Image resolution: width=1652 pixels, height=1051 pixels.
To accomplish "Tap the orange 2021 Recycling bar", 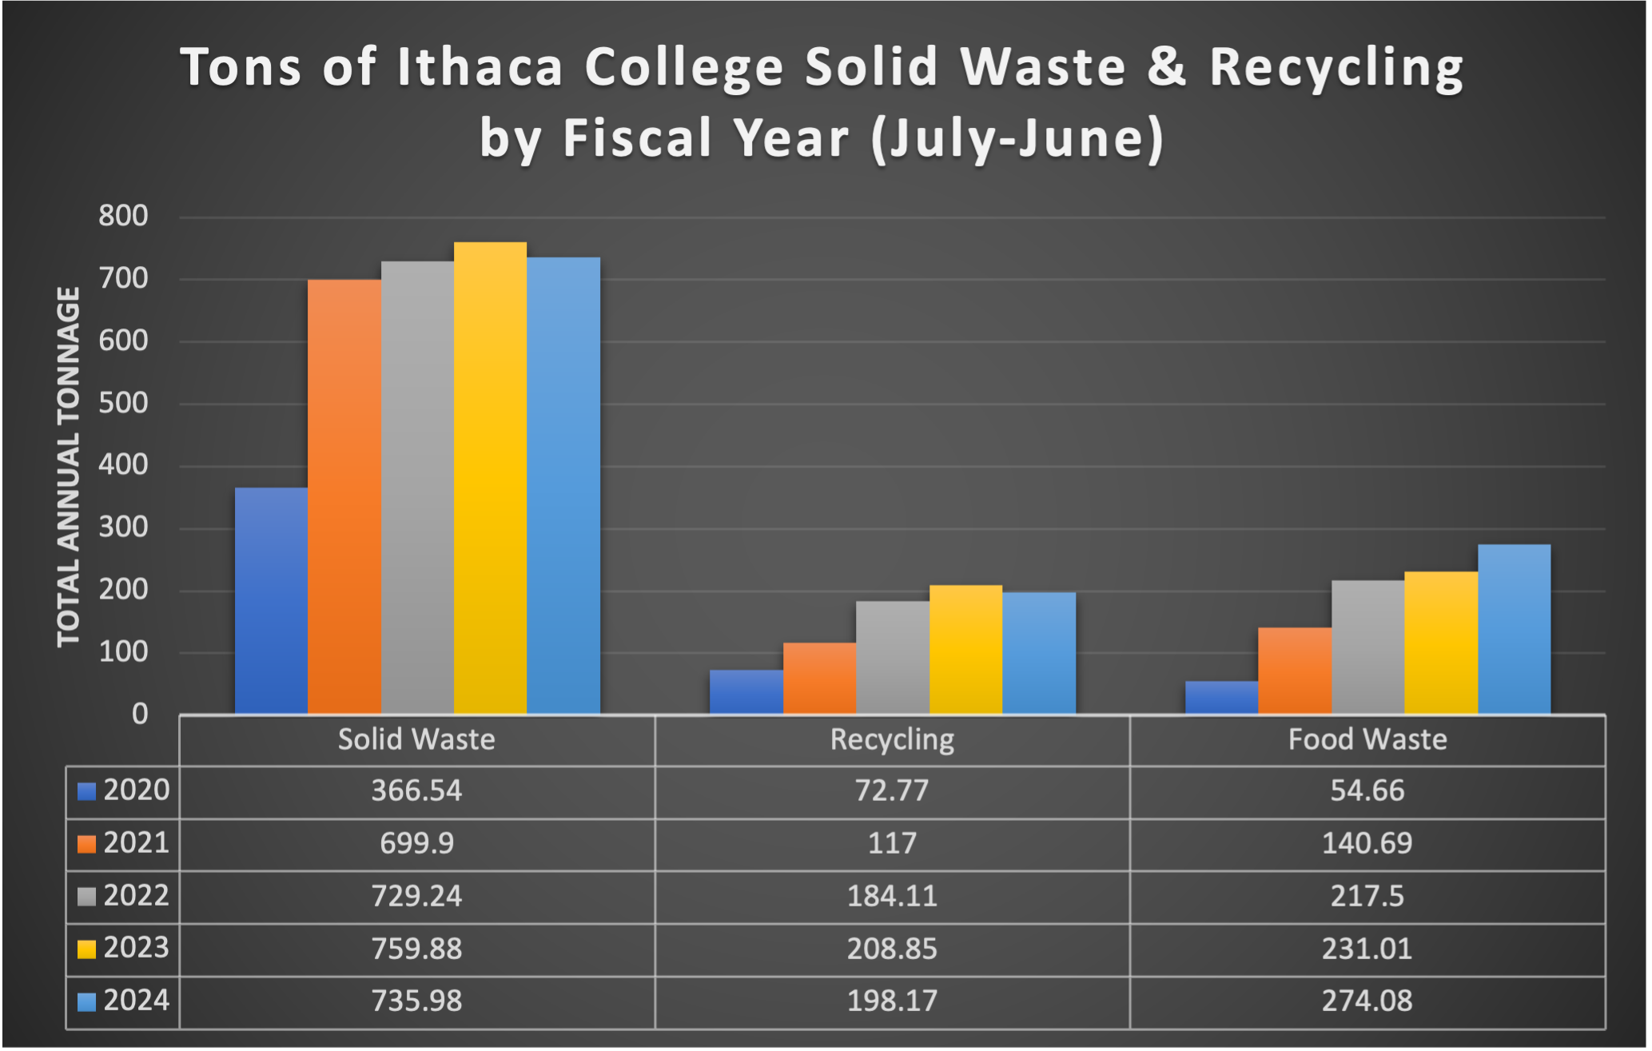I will point(819,679).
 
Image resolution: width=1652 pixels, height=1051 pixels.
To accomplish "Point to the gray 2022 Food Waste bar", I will point(1367,647).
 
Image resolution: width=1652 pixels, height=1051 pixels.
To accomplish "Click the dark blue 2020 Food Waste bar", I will point(1221,698).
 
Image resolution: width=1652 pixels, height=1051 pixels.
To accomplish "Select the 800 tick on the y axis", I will point(123,216).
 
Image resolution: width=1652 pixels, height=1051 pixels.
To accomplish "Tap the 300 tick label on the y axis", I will point(123,527).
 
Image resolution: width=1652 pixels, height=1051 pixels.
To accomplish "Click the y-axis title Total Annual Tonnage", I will point(69,467).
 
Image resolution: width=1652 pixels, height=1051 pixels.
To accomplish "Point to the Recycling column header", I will point(892,739).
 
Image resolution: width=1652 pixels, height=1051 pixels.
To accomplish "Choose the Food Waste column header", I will point(1367,739).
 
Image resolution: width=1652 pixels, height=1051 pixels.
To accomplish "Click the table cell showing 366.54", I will point(416,790).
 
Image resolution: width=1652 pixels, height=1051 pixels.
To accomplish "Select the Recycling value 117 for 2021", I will point(892,843).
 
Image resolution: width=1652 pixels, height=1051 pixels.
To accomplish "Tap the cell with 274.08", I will point(1367,1001).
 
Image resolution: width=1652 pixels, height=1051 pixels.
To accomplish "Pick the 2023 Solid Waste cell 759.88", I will point(416,949).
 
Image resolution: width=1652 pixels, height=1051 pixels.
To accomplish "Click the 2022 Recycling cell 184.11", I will point(892,896).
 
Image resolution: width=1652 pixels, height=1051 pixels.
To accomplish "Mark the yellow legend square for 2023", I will point(86,949).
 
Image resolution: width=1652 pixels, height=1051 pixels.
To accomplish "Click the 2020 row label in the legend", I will point(137,790).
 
